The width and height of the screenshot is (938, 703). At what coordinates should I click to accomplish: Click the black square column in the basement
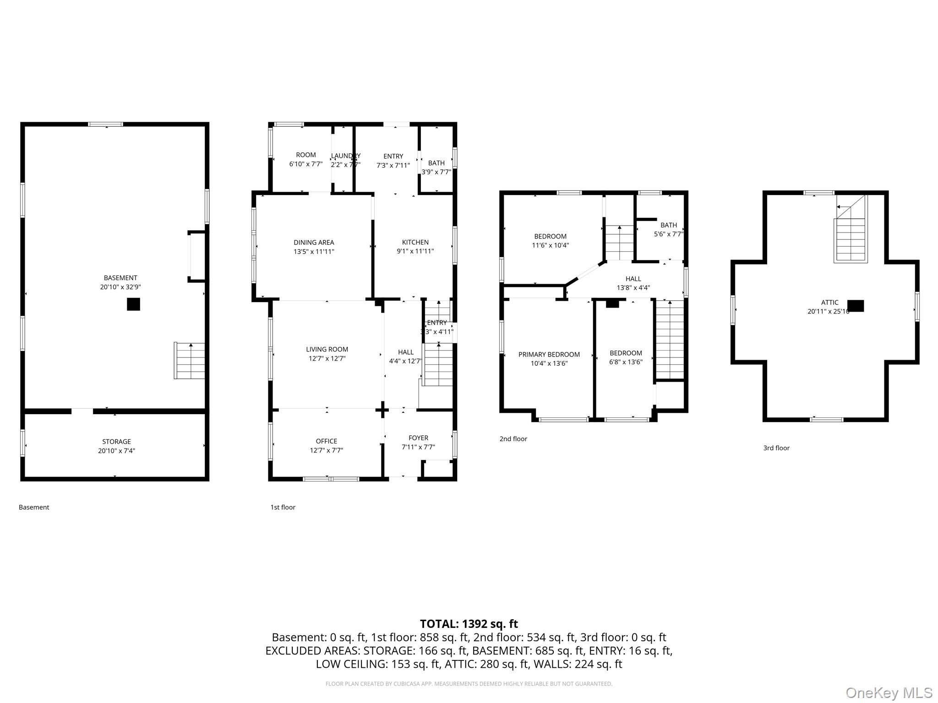133,304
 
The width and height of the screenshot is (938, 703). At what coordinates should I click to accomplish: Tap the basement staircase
190,361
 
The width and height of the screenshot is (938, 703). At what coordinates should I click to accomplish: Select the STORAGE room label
116,442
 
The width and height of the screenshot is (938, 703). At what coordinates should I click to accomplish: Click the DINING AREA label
314,243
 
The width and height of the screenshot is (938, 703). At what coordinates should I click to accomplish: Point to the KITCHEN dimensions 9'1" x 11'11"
415,251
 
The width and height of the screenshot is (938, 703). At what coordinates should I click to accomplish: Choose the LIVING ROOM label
327,349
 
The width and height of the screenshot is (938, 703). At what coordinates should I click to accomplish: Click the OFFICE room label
326,441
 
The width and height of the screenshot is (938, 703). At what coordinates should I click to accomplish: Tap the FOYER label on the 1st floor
418,438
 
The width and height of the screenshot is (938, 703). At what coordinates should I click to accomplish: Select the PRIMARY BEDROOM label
549,354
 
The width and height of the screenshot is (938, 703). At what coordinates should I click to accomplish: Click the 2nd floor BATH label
668,225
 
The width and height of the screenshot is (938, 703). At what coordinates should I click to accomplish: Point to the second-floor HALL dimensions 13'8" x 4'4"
633,288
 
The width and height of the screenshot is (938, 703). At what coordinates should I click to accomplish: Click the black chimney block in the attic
856,306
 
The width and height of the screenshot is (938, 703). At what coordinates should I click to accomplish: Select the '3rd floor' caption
776,448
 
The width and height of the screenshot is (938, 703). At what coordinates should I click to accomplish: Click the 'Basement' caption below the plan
34,507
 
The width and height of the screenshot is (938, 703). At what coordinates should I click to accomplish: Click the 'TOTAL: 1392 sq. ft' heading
469,624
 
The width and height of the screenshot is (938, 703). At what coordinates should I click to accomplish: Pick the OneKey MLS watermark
889,693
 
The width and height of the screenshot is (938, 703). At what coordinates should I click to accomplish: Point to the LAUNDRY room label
345,156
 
